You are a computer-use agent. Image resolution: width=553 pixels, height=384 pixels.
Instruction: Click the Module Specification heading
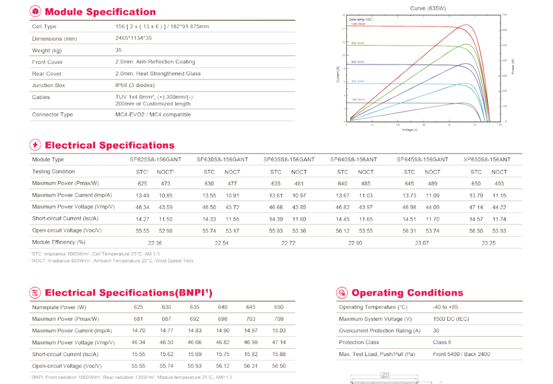(100, 12)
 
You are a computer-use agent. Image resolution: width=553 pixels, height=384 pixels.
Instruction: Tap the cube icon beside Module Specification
(36, 12)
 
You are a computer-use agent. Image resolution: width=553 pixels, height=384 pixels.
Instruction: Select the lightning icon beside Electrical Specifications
(36, 145)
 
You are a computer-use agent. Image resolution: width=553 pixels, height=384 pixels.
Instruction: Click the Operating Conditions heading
(407, 293)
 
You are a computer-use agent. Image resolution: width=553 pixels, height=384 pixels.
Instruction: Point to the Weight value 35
(119, 50)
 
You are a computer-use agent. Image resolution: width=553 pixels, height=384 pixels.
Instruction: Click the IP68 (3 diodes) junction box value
(137, 85)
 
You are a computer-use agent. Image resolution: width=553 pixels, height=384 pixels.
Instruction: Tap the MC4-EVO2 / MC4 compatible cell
(153, 115)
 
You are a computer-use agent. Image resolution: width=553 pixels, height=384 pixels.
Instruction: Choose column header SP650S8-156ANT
(487, 159)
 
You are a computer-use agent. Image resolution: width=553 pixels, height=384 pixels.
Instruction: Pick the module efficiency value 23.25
(488, 243)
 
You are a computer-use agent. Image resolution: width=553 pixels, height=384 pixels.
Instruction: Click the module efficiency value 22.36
(155, 243)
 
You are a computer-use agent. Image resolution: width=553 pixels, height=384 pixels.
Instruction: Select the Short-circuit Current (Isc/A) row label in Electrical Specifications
(65, 219)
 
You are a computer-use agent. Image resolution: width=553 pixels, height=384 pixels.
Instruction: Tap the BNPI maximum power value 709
(279, 319)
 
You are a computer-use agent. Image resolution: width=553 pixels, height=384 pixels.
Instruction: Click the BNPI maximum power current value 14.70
(139, 330)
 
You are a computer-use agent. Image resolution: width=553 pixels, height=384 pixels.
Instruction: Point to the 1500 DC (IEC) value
(451, 319)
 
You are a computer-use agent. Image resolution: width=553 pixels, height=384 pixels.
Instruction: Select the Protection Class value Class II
(442, 342)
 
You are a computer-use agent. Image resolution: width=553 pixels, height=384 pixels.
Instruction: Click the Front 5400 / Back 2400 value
(461, 354)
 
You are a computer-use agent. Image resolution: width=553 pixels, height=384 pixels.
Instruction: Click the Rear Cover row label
(47, 74)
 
